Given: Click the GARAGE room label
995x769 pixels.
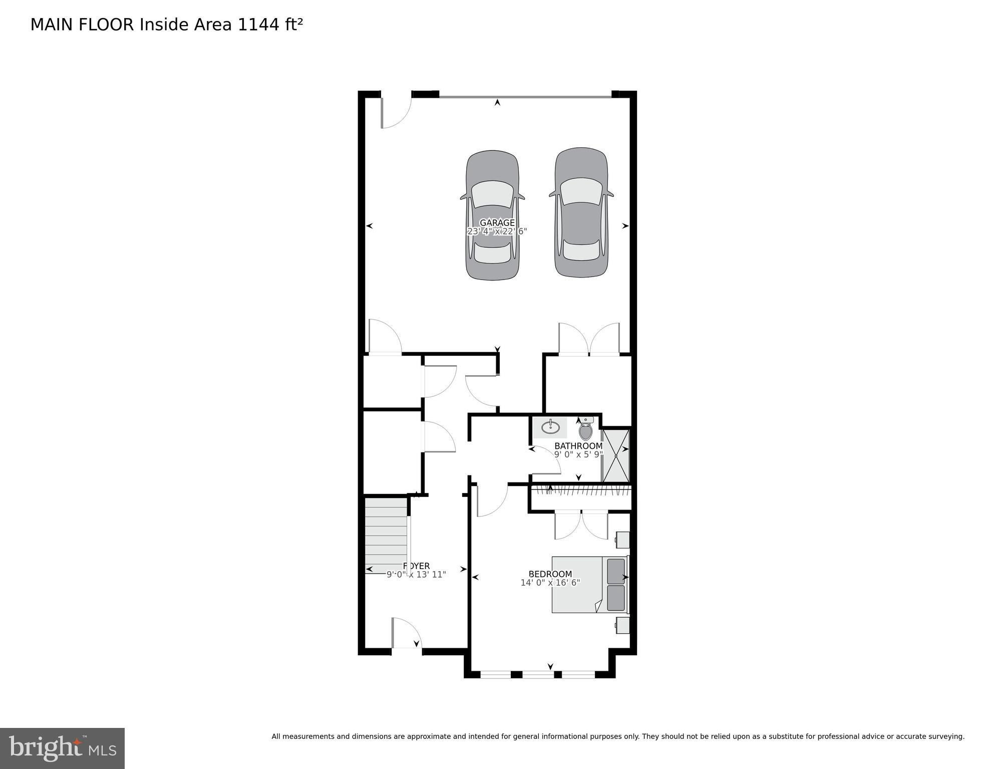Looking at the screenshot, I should tap(497, 223).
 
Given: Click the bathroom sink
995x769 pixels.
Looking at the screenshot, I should tap(550, 427).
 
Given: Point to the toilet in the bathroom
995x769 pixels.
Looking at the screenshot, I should tap(585, 430).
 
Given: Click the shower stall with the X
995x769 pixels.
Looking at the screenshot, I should tap(615, 455).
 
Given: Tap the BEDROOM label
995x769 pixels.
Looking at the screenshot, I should tap(550, 574).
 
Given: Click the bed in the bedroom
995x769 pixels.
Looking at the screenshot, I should tap(589, 585).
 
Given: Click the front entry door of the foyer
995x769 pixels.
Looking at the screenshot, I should tap(406, 634).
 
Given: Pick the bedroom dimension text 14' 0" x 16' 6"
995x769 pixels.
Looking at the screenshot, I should tap(550, 583).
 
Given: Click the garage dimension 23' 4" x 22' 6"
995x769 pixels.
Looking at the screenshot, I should tap(497, 231).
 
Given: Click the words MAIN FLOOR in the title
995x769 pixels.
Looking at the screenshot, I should tap(82, 25).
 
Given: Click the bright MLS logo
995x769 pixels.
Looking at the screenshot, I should tap(62, 748).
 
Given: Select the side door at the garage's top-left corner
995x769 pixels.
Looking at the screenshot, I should tap(396, 111).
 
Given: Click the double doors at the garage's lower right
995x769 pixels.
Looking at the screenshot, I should tap(589, 339).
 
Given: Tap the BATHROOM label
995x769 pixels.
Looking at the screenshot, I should tap(578, 446).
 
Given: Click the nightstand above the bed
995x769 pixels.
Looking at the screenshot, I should tap(622, 540).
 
